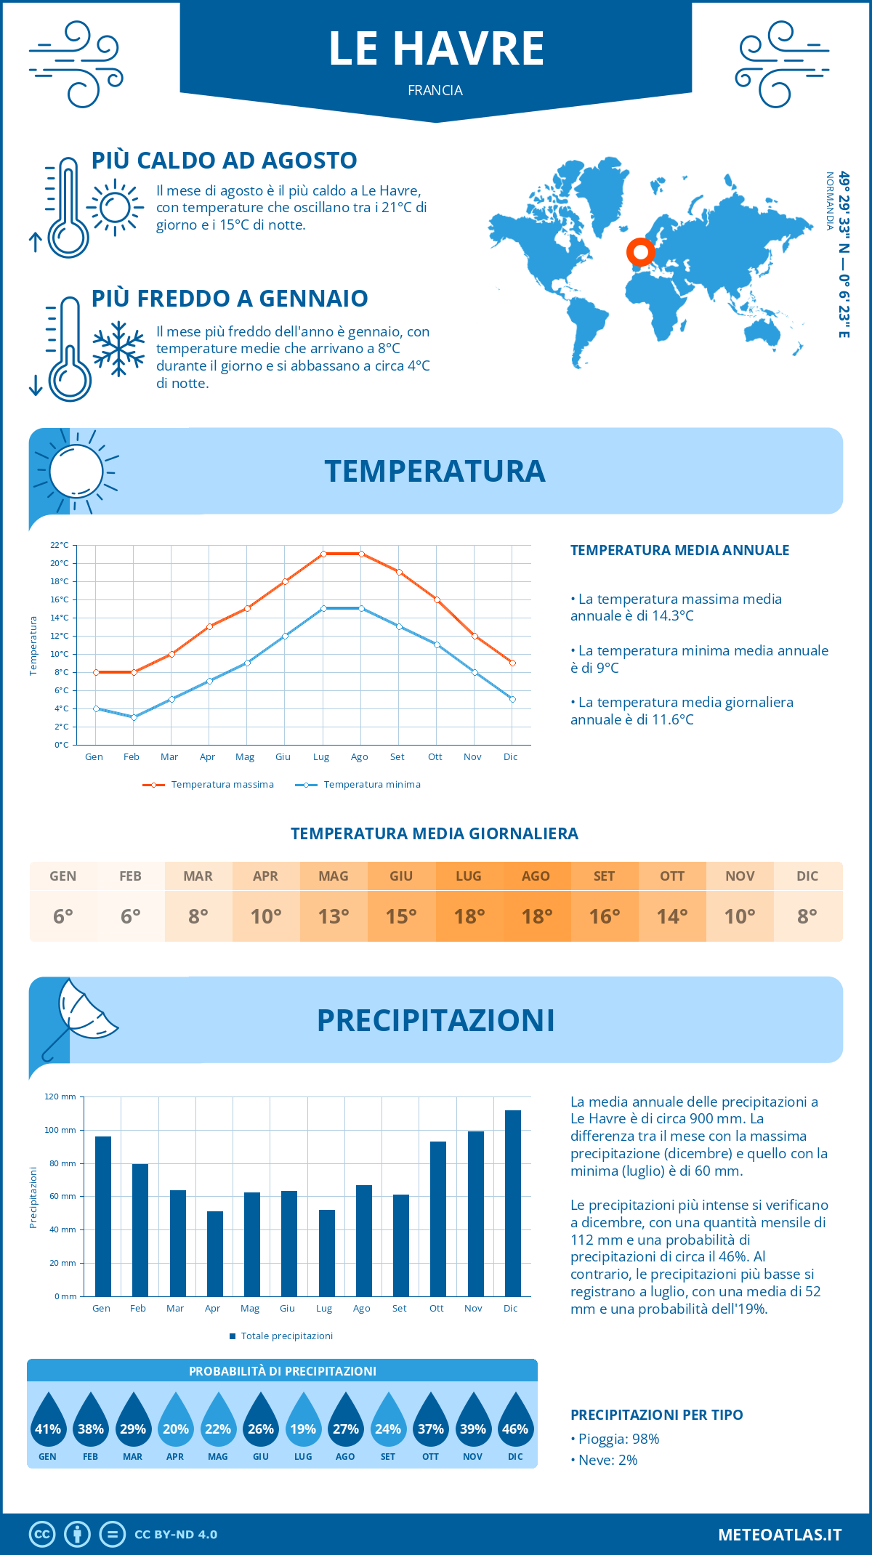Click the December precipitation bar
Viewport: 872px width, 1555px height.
click(513, 1203)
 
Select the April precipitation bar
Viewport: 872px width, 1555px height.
click(215, 1253)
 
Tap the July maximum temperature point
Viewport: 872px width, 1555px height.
click(323, 554)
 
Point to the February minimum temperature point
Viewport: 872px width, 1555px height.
click(134, 717)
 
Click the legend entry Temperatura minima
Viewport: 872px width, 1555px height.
click(358, 785)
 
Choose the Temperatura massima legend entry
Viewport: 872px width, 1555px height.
click(209, 785)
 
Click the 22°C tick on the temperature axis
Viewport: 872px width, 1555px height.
click(60, 545)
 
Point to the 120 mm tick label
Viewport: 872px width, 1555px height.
click(60, 1096)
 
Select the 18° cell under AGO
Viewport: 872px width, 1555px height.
click(537, 916)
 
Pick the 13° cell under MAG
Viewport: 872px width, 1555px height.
click(334, 916)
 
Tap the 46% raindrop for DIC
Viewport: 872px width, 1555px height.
click(515, 1426)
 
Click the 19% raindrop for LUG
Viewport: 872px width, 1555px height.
click(303, 1426)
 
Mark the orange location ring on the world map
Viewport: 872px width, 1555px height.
click(640, 253)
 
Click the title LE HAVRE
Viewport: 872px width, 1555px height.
click(436, 49)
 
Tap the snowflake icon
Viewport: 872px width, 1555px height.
click(118, 349)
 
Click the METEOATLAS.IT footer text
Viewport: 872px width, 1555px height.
click(780, 1535)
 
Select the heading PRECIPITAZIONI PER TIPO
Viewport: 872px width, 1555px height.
click(656, 1415)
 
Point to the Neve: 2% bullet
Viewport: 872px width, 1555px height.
click(604, 1460)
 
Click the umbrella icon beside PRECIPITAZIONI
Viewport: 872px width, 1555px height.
click(80, 1017)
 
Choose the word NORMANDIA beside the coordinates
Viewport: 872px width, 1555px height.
click(830, 201)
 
